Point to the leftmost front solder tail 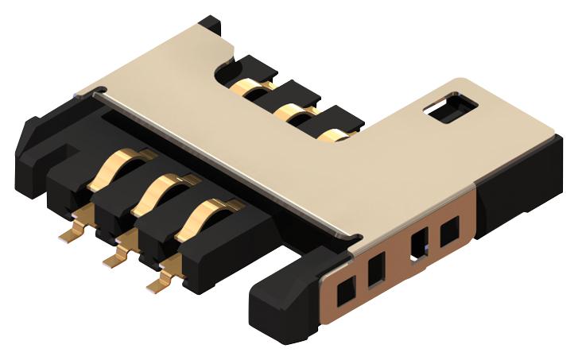pyautogui.click(x=73, y=232)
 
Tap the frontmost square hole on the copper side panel pyautogui.click(x=347, y=294)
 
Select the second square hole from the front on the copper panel pyautogui.click(x=377, y=270)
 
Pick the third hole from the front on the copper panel pyautogui.click(x=418, y=245)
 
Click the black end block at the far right pyautogui.click(x=517, y=191)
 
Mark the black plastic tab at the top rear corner pyautogui.click(x=211, y=28)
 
